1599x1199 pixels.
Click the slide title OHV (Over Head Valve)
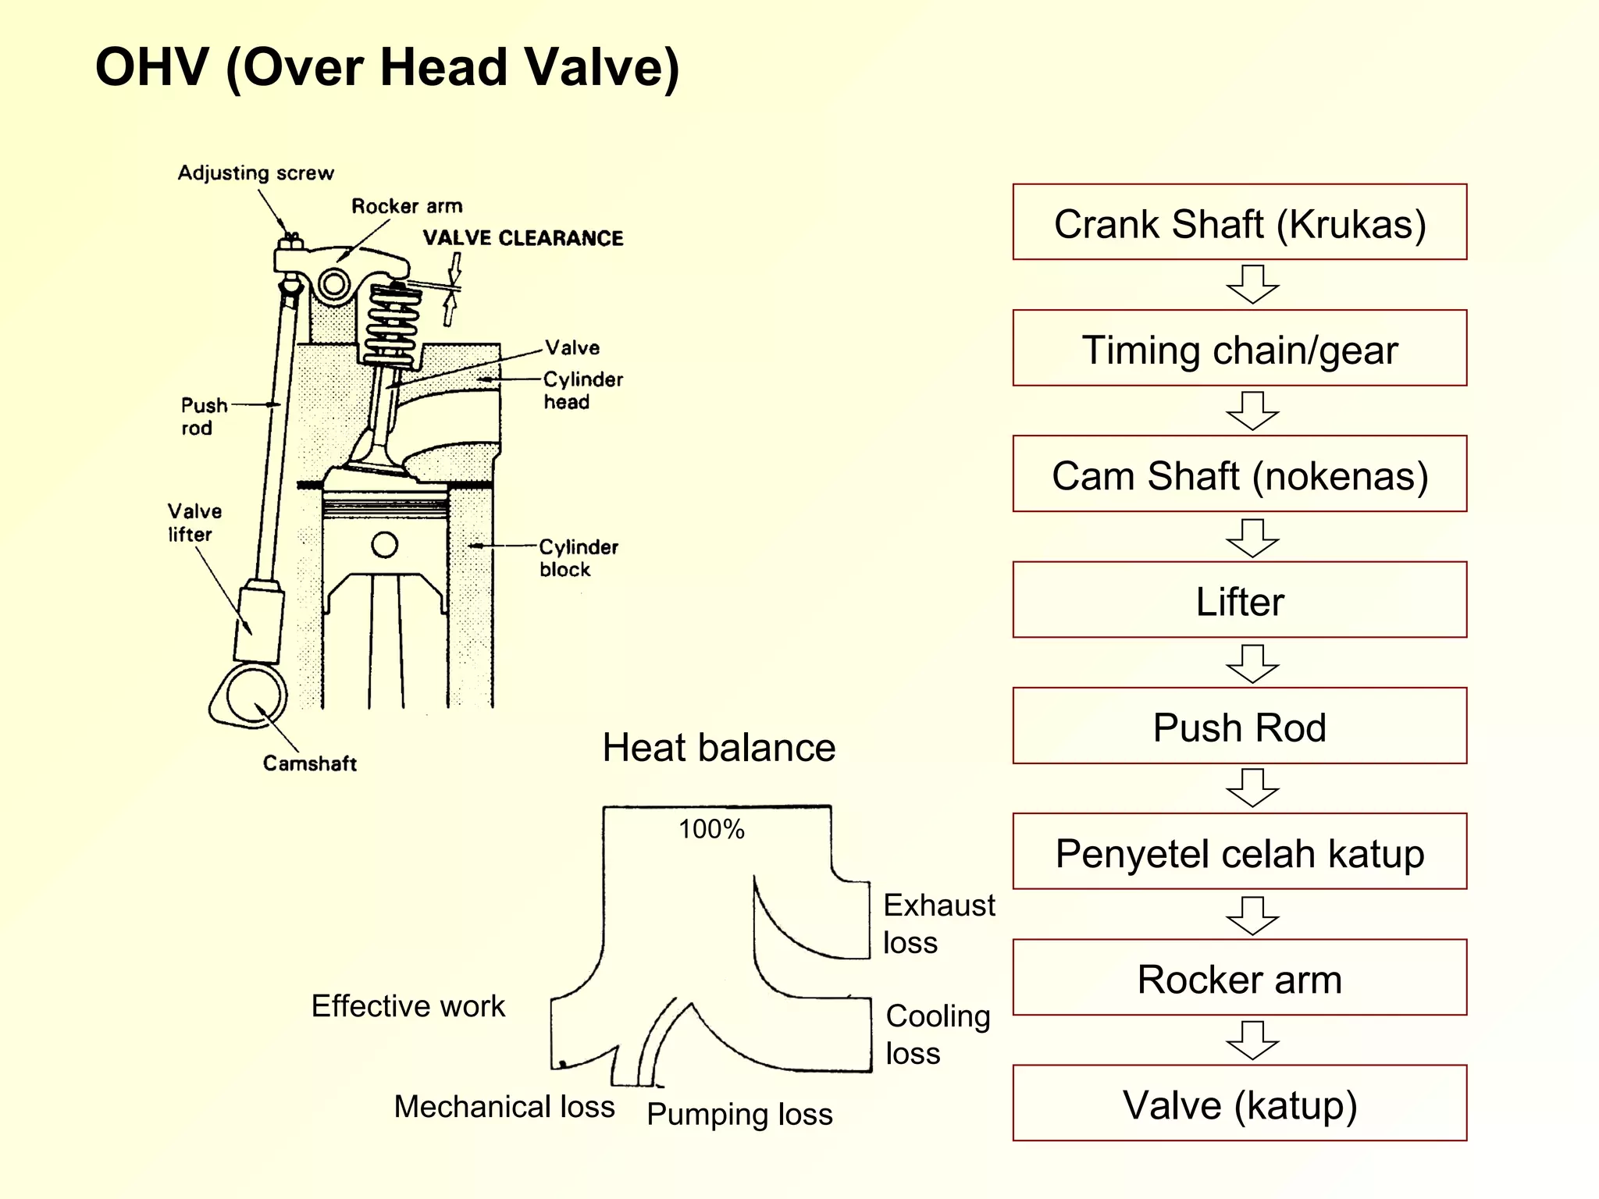click(387, 67)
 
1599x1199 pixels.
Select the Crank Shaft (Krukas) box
click(1239, 222)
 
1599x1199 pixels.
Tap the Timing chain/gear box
click(1239, 348)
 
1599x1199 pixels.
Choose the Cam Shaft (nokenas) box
click(1239, 474)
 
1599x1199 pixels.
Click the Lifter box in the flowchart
click(1239, 600)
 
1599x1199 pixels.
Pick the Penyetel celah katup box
click(1239, 852)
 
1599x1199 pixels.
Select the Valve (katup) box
click(1239, 1103)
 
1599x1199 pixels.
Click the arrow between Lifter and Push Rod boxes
click(1252, 664)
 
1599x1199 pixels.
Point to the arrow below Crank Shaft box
click(1252, 284)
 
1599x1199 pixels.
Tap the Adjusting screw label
click(255, 173)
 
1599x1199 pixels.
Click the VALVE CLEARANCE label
click(522, 238)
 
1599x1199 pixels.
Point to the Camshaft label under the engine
click(309, 763)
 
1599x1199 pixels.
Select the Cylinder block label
click(578, 557)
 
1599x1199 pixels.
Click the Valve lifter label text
click(194, 522)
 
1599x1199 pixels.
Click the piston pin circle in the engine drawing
click(384, 544)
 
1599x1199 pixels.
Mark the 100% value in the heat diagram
click(711, 829)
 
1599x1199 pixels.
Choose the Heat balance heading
click(718, 747)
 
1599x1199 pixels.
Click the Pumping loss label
click(739, 1114)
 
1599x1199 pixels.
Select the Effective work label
click(408, 1005)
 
